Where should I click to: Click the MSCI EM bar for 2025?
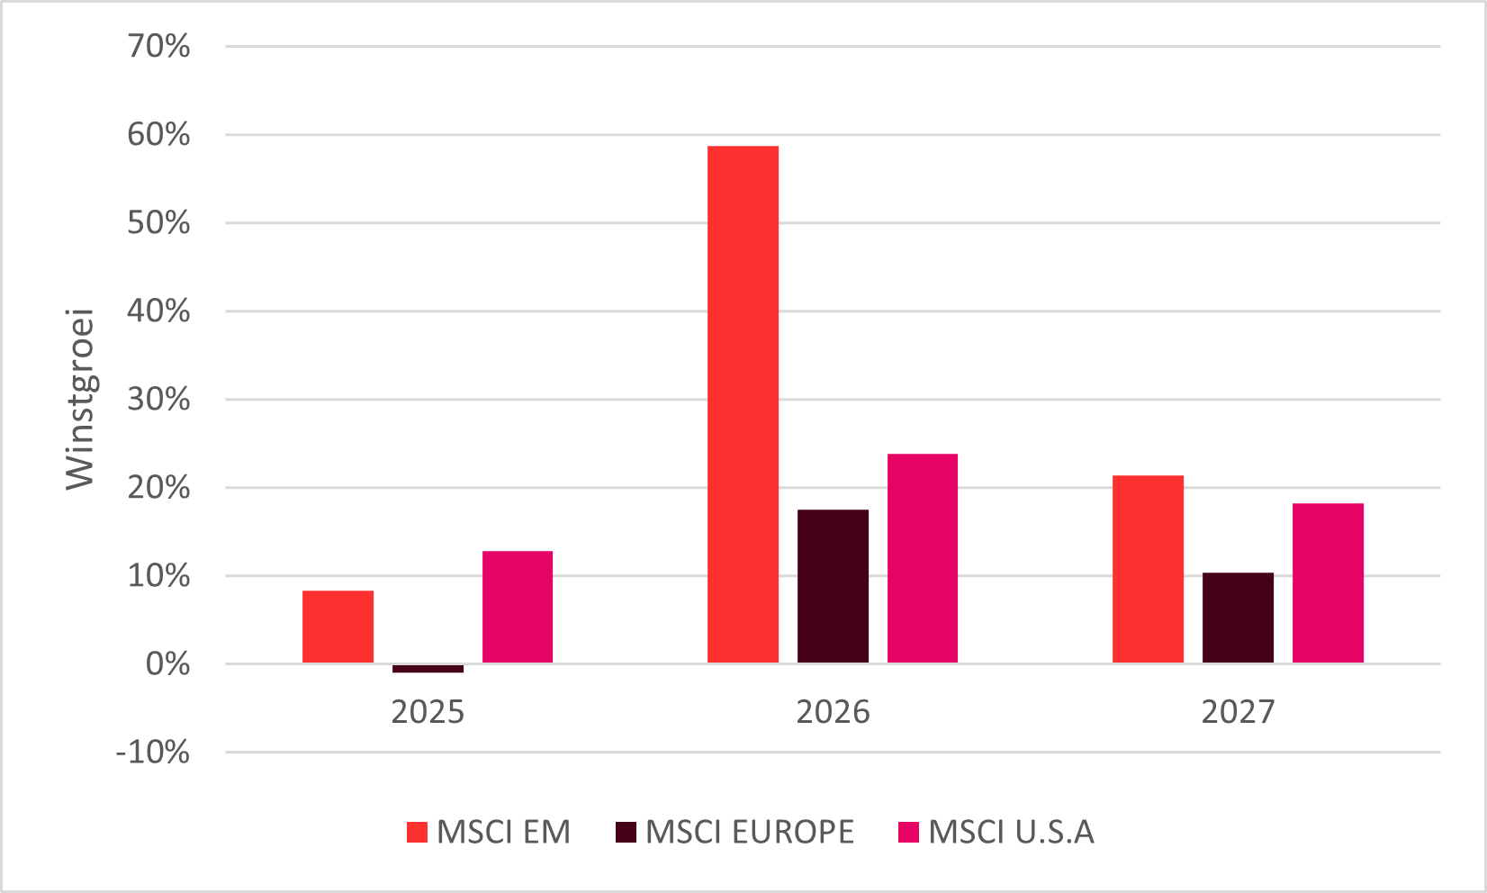(x=338, y=627)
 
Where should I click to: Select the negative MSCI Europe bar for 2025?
(x=428, y=669)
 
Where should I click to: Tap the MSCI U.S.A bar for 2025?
(x=518, y=607)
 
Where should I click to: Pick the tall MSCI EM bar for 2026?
(x=743, y=404)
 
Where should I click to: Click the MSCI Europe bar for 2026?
(x=834, y=586)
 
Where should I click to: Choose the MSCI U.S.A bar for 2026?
(x=923, y=558)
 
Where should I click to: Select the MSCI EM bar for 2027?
(x=1149, y=569)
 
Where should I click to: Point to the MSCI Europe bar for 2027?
(x=1238, y=618)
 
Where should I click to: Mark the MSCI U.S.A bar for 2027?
(x=1329, y=583)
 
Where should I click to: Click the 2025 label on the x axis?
(x=428, y=712)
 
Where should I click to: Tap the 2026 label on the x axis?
(x=834, y=712)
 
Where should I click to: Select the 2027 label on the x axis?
(x=1238, y=712)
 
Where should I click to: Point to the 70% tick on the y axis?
(x=158, y=47)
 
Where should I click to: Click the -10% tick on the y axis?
(x=153, y=753)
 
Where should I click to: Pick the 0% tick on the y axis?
(x=168, y=664)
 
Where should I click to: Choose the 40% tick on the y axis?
(x=158, y=311)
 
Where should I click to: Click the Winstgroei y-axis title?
(x=79, y=399)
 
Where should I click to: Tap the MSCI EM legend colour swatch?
(x=418, y=832)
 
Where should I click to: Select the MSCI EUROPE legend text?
(x=750, y=832)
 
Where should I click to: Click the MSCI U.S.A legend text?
(x=1011, y=832)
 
